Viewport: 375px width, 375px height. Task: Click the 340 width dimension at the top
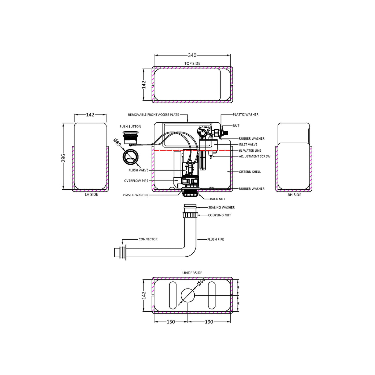(x=192, y=55)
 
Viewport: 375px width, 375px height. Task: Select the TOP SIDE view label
(x=192, y=64)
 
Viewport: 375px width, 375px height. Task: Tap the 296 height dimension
(x=63, y=158)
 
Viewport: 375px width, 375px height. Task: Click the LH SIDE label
(x=91, y=195)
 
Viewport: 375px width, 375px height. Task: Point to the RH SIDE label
(x=294, y=195)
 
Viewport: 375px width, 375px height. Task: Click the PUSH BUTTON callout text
(x=130, y=127)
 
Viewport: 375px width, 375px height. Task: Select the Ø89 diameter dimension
(x=117, y=143)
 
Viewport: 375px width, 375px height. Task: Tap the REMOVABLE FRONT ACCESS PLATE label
(x=154, y=115)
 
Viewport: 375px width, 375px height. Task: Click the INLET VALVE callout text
(x=248, y=145)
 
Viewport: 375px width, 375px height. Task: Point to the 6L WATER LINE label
(x=250, y=151)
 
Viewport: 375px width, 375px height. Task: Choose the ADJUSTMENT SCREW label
(x=254, y=156)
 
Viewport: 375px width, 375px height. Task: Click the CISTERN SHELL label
(x=250, y=172)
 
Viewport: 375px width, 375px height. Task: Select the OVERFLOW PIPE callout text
(x=136, y=181)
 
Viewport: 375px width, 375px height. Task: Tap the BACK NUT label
(x=217, y=199)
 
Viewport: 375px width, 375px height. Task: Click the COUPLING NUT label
(x=219, y=215)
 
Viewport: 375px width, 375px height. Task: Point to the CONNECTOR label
(x=148, y=239)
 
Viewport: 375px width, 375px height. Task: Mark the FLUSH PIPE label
(x=216, y=239)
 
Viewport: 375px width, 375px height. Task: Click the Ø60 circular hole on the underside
(x=187, y=296)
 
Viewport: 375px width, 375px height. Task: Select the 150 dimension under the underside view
(x=171, y=322)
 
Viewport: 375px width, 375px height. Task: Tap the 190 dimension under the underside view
(x=209, y=322)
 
